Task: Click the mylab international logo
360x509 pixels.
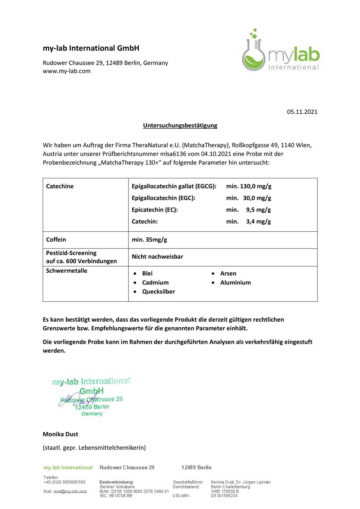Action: (x=281, y=50)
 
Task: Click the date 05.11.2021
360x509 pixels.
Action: (x=302, y=112)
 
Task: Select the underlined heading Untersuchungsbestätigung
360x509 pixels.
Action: (x=180, y=126)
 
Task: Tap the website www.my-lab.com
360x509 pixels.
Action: (x=67, y=71)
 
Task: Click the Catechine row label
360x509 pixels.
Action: (x=60, y=186)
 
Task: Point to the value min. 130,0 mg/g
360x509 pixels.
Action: (x=249, y=186)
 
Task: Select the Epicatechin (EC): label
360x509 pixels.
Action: (x=155, y=210)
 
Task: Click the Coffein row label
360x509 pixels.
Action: (x=56, y=240)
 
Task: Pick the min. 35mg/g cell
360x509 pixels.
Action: (x=149, y=240)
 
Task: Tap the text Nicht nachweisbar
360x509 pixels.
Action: (x=157, y=256)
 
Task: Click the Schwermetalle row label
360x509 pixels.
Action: (x=67, y=271)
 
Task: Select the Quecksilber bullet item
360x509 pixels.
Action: (x=158, y=292)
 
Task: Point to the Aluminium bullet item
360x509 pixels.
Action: (x=235, y=283)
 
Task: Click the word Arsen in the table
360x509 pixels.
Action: (x=228, y=274)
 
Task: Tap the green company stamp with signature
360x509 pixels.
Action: (x=91, y=397)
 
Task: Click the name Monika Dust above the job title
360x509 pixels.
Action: (x=60, y=434)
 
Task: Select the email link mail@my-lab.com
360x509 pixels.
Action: (x=70, y=491)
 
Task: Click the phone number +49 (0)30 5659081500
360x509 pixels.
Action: (x=64, y=482)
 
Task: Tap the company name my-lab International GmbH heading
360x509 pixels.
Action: (x=91, y=48)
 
